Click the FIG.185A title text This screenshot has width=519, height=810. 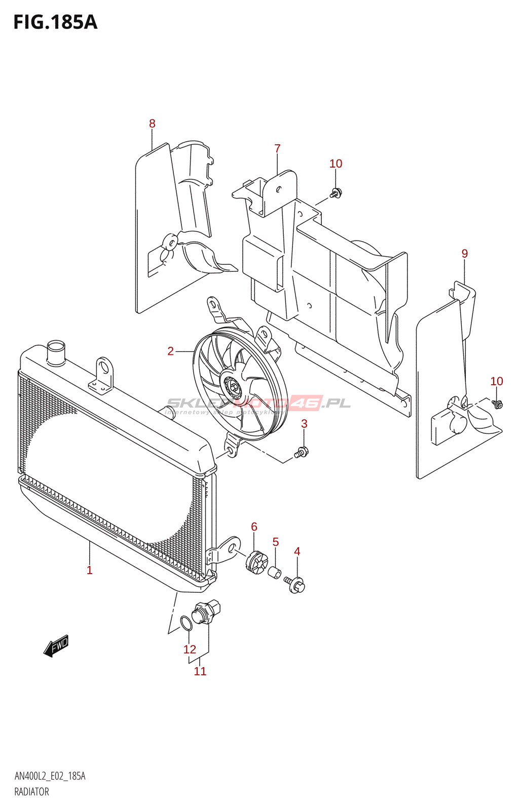[55, 22]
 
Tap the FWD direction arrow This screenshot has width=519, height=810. [56, 646]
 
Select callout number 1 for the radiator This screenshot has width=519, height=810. [90, 571]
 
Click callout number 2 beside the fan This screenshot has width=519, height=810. [171, 351]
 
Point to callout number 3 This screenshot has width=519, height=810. [304, 424]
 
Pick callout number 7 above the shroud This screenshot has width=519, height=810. [277, 148]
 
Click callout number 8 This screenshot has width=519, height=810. [152, 124]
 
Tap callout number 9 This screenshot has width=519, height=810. [465, 254]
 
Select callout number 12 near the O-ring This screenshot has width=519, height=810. [190, 650]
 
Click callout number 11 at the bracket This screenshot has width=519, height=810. [200, 671]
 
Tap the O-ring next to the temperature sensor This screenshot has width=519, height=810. [187, 624]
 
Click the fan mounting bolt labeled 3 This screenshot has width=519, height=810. [301, 452]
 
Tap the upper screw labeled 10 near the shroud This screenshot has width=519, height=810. [336, 192]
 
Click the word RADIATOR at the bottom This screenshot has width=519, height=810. [31, 792]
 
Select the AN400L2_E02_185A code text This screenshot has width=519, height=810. [50, 776]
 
